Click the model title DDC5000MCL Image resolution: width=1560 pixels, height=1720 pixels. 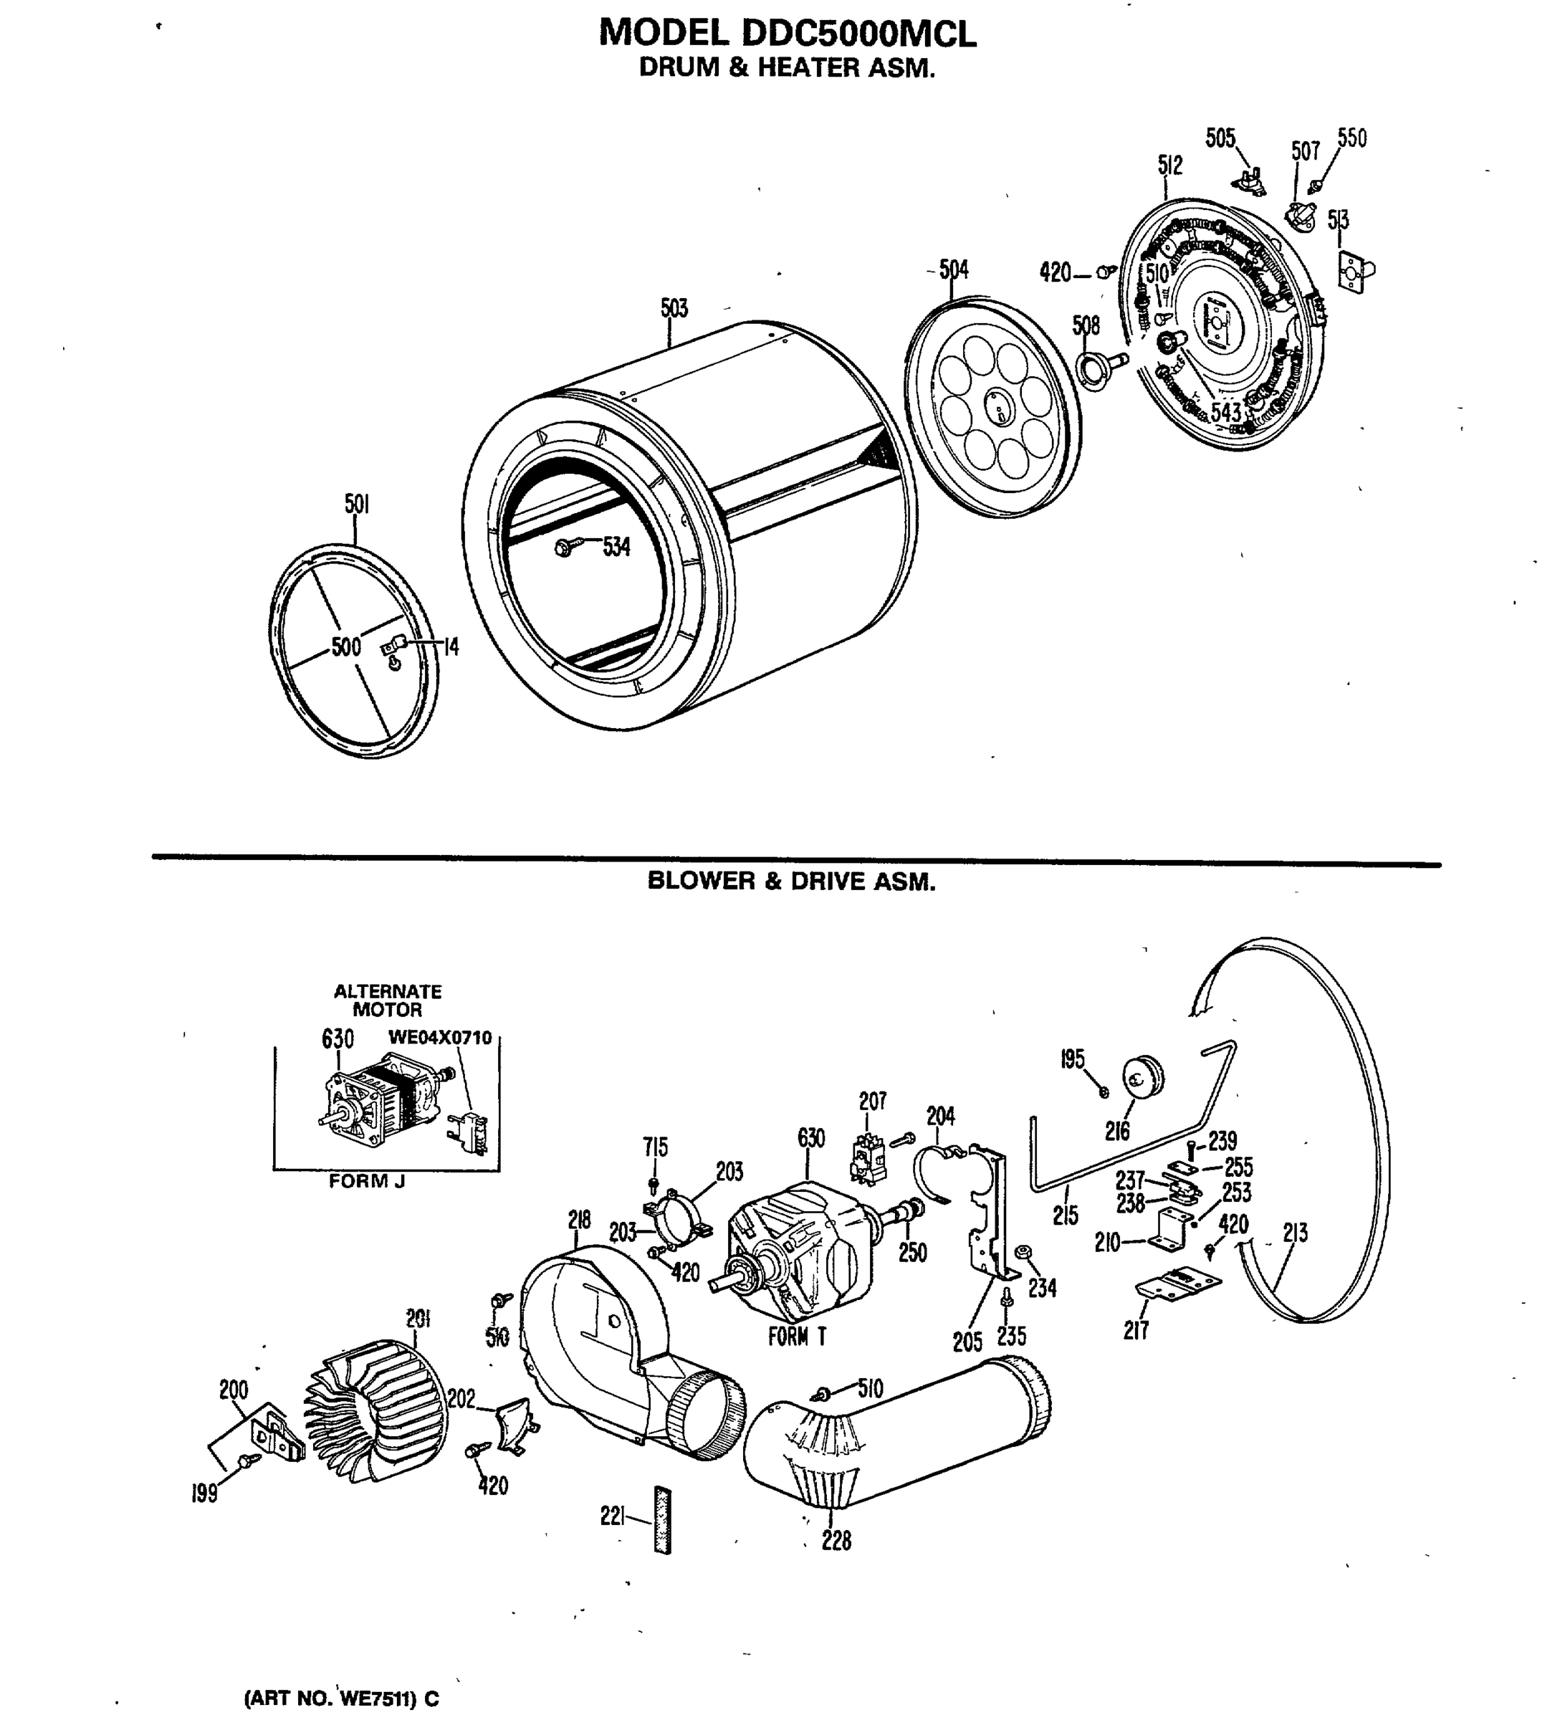[788, 33]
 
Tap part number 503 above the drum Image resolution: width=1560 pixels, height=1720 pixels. [674, 308]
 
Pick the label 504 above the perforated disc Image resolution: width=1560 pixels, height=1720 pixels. [954, 270]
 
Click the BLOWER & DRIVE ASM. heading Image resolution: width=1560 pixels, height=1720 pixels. [790, 881]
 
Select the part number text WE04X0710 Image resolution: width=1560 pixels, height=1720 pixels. [440, 1038]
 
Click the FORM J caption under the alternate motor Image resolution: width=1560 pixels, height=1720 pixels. [367, 1182]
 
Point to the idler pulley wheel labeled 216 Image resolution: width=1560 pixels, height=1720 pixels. [1144, 1079]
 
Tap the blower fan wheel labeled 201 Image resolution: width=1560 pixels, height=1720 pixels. [375, 1410]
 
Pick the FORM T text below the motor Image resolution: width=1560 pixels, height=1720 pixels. [797, 1336]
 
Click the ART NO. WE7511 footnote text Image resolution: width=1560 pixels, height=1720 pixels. [341, 1698]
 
